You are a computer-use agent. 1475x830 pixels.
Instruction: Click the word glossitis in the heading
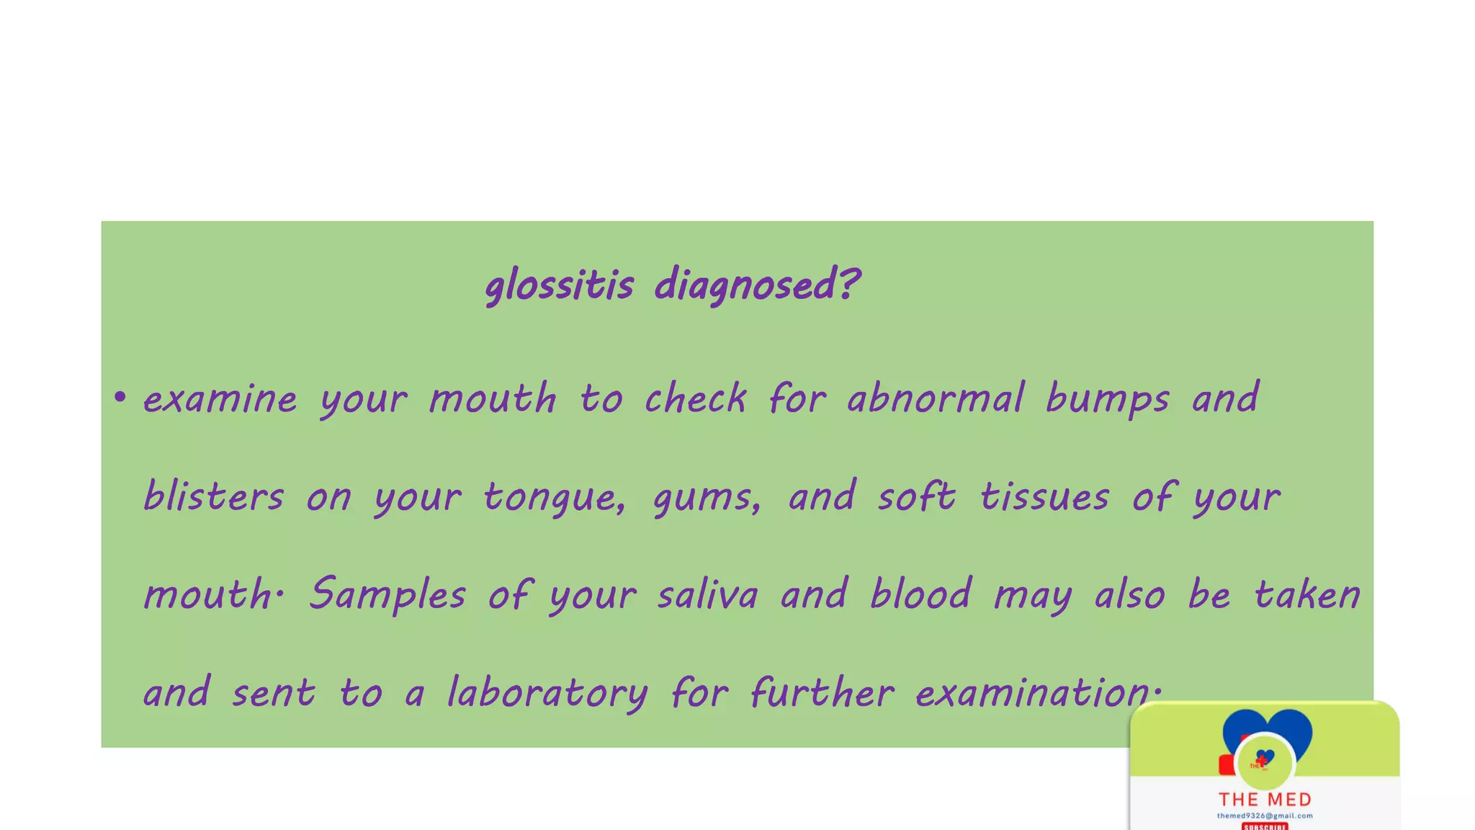tap(559, 285)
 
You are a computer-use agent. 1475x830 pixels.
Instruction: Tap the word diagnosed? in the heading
tap(757, 285)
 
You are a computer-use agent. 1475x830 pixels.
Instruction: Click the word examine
tap(220, 398)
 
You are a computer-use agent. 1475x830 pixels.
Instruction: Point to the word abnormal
tap(935, 398)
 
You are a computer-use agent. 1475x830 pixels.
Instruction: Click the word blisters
tap(214, 496)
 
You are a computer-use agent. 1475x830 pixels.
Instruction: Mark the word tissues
tap(1044, 496)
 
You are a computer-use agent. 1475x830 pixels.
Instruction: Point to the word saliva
tap(708, 594)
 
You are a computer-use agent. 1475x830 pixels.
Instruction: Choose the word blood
tap(920, 594)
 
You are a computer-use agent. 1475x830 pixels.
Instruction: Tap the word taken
tap(1306, 594)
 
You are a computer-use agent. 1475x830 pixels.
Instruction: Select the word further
tap(822, 692)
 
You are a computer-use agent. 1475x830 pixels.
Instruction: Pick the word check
tap(695, 398)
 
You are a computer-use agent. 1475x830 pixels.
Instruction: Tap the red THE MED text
tap(1265, 799)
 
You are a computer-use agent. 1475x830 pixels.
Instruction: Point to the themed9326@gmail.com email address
tap(1265, 816)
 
